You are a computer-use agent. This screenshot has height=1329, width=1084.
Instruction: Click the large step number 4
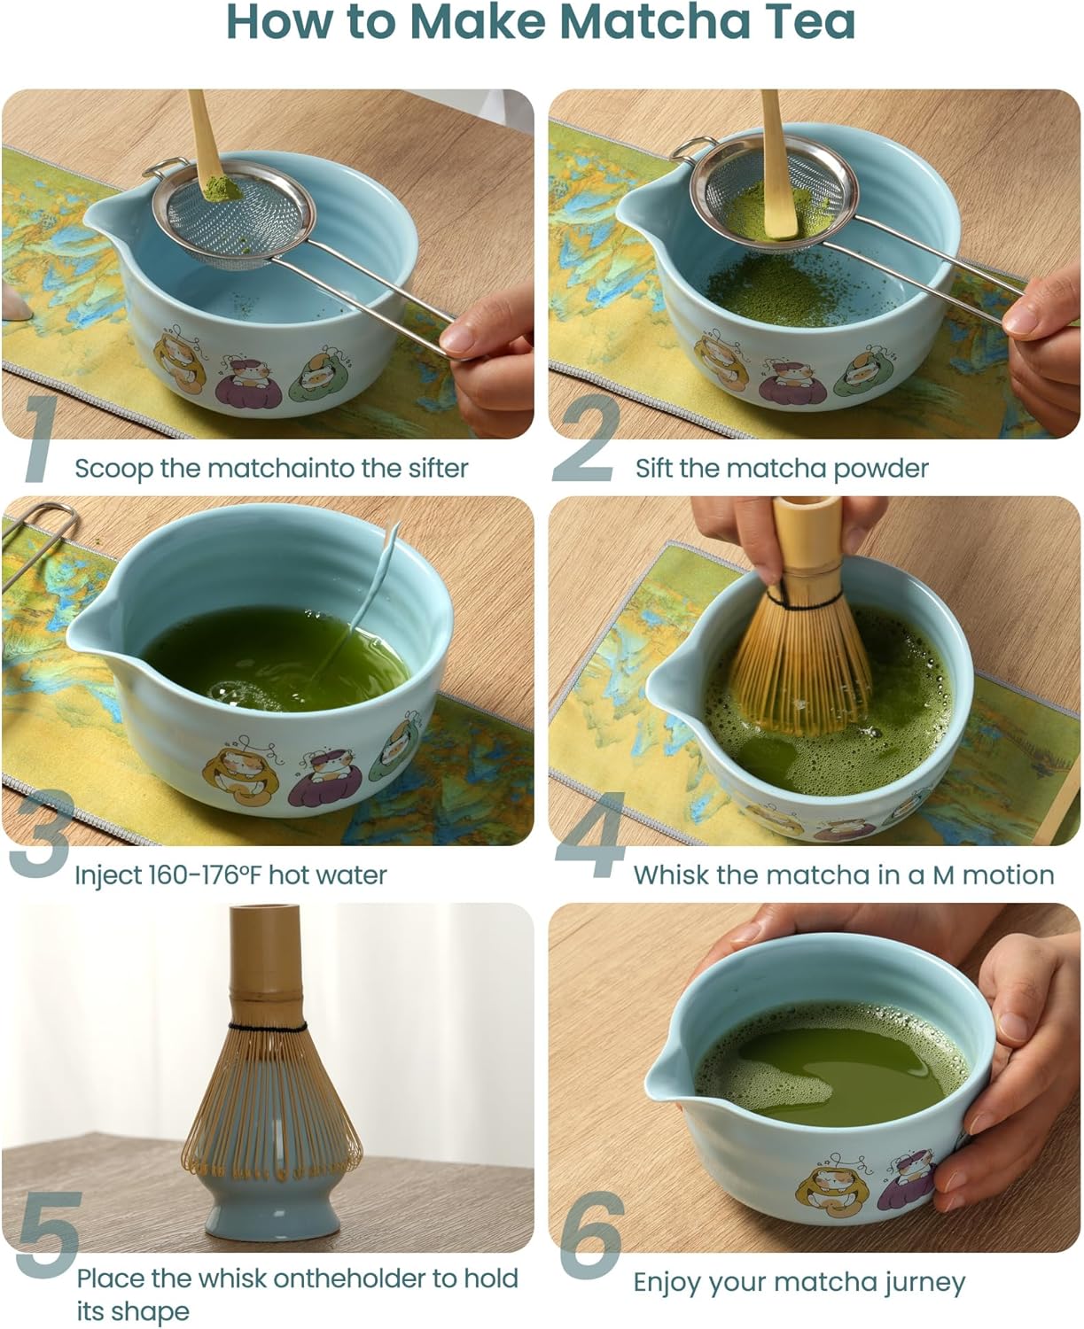coord(590,838)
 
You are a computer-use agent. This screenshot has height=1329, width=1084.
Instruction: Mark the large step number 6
coord(592,1237)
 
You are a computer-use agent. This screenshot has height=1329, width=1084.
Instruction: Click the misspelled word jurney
coord(922,1282)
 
